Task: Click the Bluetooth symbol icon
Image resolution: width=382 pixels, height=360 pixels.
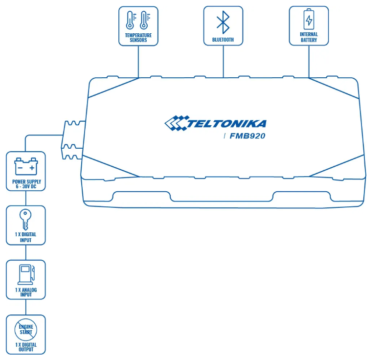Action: pyautogui.click(x=223, y=22)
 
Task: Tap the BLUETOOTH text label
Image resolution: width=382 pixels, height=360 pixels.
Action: pyautogui.click(x=223, y=39)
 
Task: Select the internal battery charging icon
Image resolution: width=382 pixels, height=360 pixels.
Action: pyautogui.click(x=309, y=20)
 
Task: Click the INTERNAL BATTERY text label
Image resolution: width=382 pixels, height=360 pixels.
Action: pyautogui.click(x=309, y=37)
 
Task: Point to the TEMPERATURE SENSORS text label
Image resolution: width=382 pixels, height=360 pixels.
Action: pyautogui.click(x=138, y=38)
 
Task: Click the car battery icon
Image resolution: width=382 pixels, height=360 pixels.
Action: pyautogui.click(x=25, y=166)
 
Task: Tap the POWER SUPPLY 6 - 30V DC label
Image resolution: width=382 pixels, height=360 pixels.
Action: pyautogui.click(x=25, y=184)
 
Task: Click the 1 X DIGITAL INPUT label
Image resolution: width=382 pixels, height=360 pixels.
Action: pyautogui.click(x=25, y=238)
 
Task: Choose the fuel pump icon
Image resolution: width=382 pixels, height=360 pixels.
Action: pyautogui.click(x=24, y=274)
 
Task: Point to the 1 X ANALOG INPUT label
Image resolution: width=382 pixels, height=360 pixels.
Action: pyautogui.click(x=25, y=292)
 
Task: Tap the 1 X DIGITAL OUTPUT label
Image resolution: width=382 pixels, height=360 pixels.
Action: pyautogui.click(x=25, y=347)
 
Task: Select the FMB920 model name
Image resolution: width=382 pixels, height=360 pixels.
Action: pyautogui.click(x=247, y=136)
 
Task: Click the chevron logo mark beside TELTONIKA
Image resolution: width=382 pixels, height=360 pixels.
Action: pyautogui.click(x=175, y=123)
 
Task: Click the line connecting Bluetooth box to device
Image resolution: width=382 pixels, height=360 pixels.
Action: pyautogui.click(x=223, y=61)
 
